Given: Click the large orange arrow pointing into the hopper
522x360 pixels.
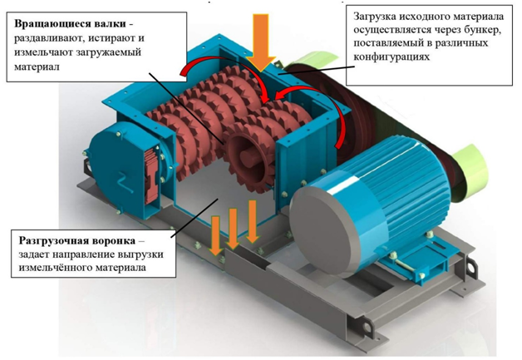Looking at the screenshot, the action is coord(261,42).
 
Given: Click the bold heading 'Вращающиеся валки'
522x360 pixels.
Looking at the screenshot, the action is coord(71,24).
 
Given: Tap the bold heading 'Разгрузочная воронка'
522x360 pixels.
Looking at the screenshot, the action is coord(77,240).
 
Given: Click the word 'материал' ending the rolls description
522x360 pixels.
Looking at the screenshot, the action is coord(37,67).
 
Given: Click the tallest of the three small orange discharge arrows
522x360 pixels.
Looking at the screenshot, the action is coord(253,221).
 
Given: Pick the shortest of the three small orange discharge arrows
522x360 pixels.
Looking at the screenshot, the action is coord(216,235).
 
